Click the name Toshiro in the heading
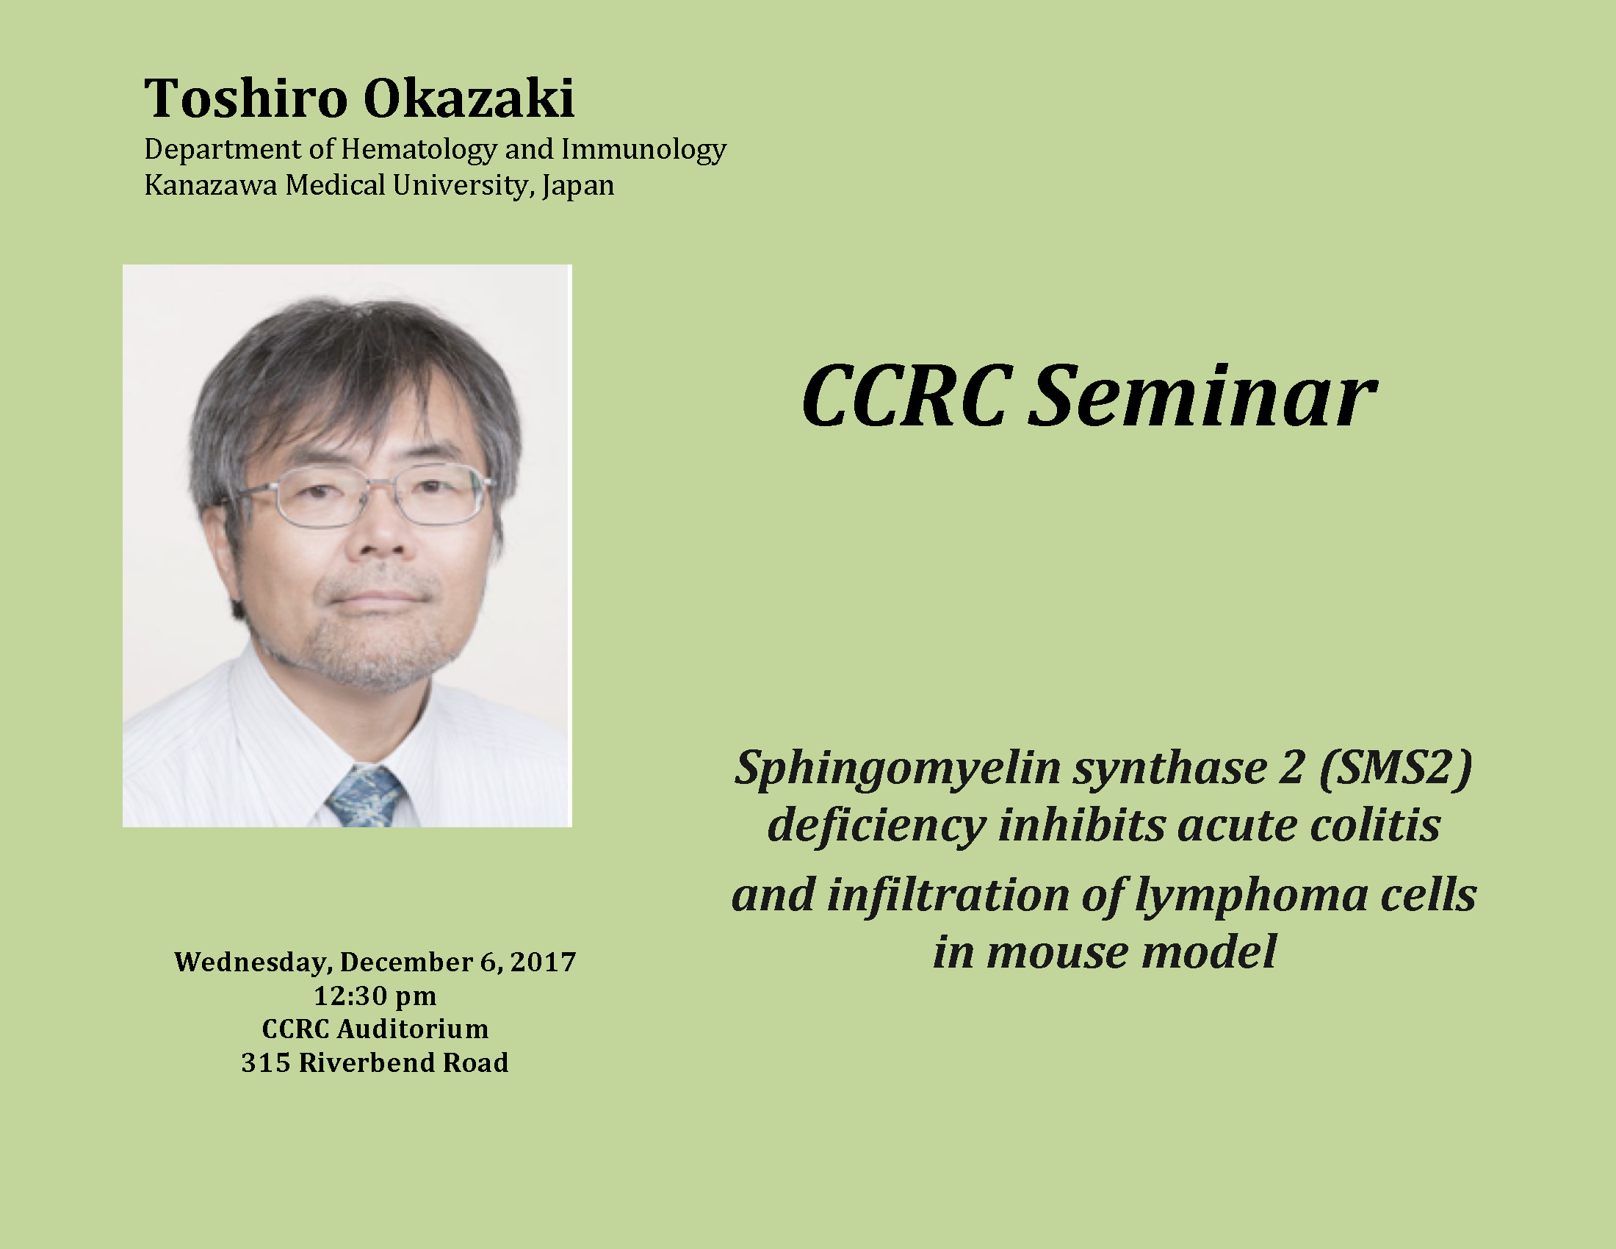click(x=245, y=98)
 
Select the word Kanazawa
click(x=211, y=185)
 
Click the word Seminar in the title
click(x=1202, y=397)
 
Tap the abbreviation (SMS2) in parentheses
click(x=1396, y=768)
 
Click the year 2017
click(x=542, y=962)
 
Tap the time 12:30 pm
click(x=375, y=997)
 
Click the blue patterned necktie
click(x=366, y=797)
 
